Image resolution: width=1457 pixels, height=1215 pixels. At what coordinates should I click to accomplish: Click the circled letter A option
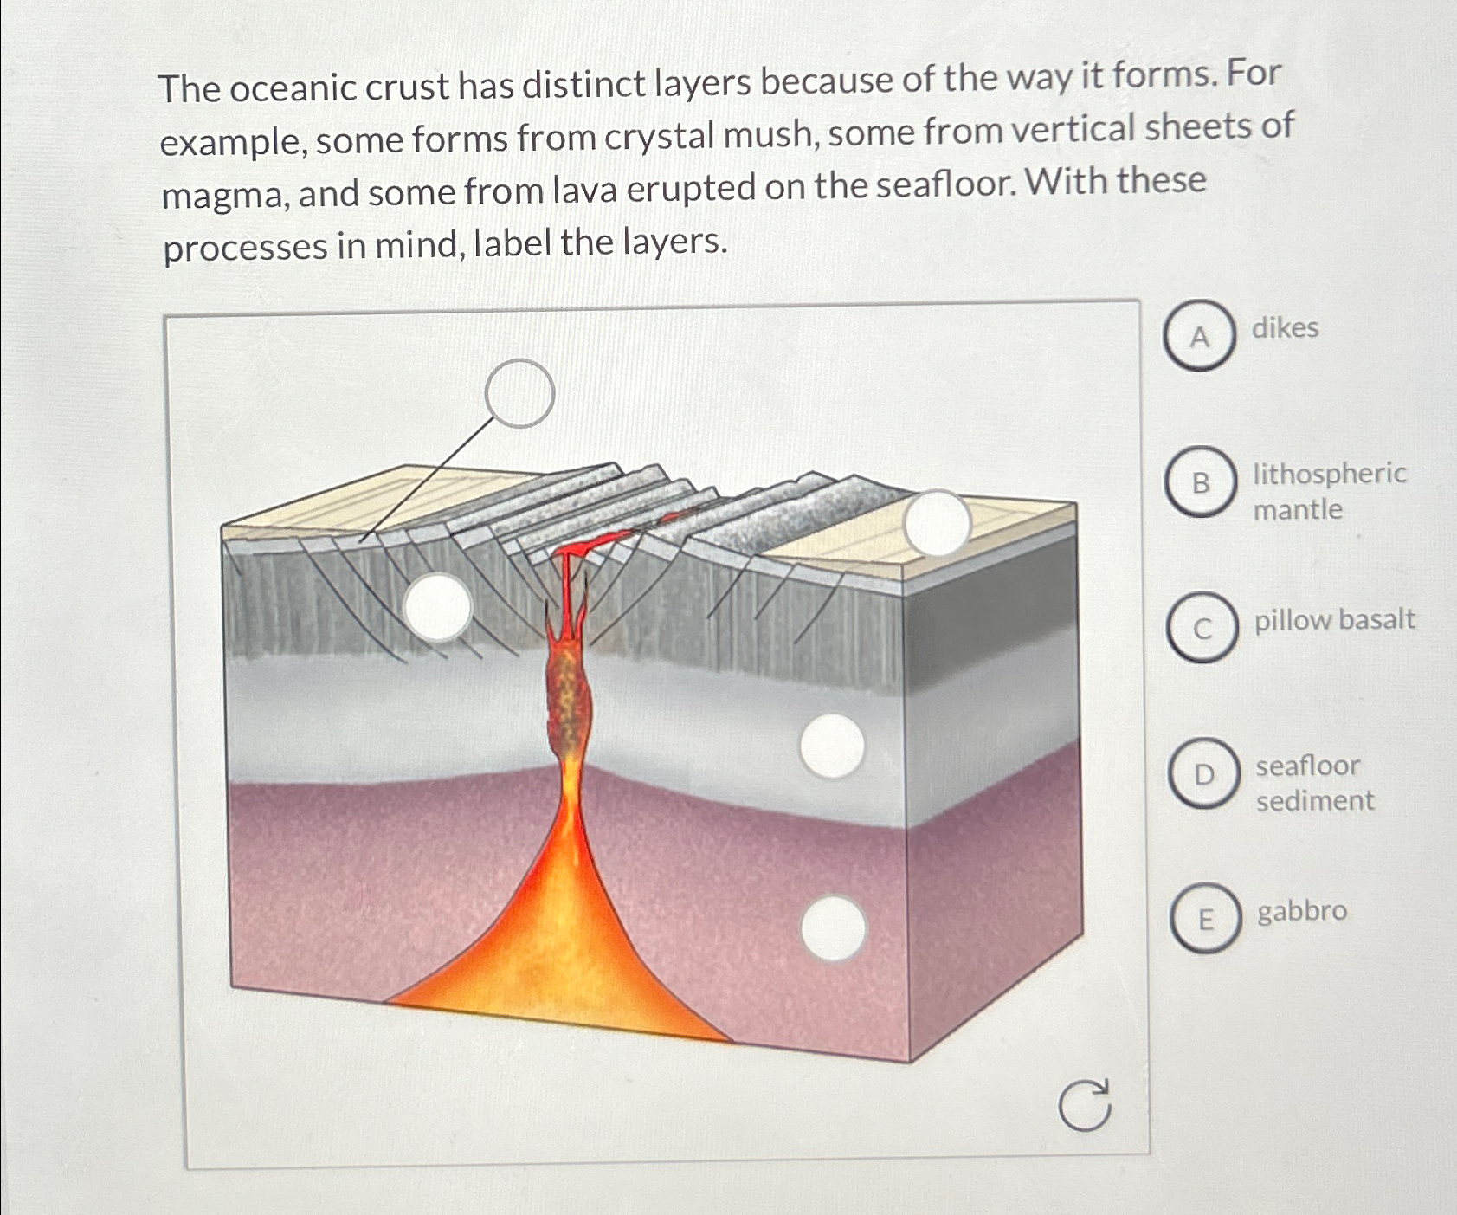(x=1198, y=336)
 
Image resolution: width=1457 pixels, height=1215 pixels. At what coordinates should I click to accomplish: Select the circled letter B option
(x=1200, y=482)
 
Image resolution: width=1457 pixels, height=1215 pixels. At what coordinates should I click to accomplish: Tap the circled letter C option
(x=1202, y=628)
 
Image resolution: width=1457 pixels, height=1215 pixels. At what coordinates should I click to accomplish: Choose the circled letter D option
(x=1203, y=773)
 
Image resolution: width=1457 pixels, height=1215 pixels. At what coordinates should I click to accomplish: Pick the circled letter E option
(x=1205, y=919)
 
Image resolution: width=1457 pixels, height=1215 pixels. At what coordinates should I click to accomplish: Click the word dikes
(x=1285, y=328)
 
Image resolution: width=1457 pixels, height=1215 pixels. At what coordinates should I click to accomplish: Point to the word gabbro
(x=1301, y=911)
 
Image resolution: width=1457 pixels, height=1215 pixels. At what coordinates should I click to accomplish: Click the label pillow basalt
(x=1334, y=620)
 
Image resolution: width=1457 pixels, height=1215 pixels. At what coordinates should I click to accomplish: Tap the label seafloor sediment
(x=1314, y=783)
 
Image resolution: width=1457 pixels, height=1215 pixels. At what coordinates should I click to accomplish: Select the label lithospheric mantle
(x=1329, y=491)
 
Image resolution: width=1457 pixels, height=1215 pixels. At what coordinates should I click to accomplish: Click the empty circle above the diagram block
(x=519, y=393)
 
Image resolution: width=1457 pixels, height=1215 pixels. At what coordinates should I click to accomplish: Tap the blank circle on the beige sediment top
(x=937, y=523)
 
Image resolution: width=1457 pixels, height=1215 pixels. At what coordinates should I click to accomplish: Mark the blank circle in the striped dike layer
(x=438, y=607)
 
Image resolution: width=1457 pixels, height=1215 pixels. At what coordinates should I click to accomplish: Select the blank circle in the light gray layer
(x=832, y=746)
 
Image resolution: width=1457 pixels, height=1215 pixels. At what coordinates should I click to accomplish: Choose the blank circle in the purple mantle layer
(x=833, y=928)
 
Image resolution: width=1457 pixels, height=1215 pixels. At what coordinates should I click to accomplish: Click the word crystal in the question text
(x=660, y=137)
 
